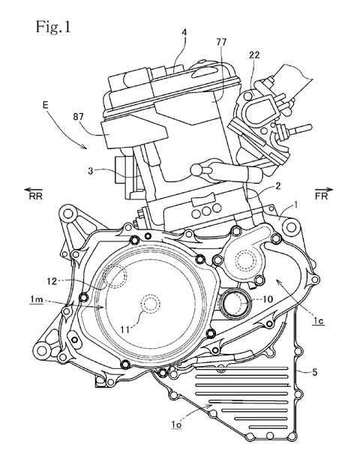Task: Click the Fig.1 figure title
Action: click(x=53, y=27)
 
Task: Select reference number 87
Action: click(x=78, y=117)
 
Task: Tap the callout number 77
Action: click(x=221, y=42)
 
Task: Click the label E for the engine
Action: click(x=45, y=105)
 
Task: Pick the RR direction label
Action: click(x=35, y=196)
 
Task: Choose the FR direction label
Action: click(x=322, y=196)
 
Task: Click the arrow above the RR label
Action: click(x=34, y=190)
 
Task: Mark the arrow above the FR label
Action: click(x=324, y=189)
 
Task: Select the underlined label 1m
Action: click(x=36, y=300)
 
